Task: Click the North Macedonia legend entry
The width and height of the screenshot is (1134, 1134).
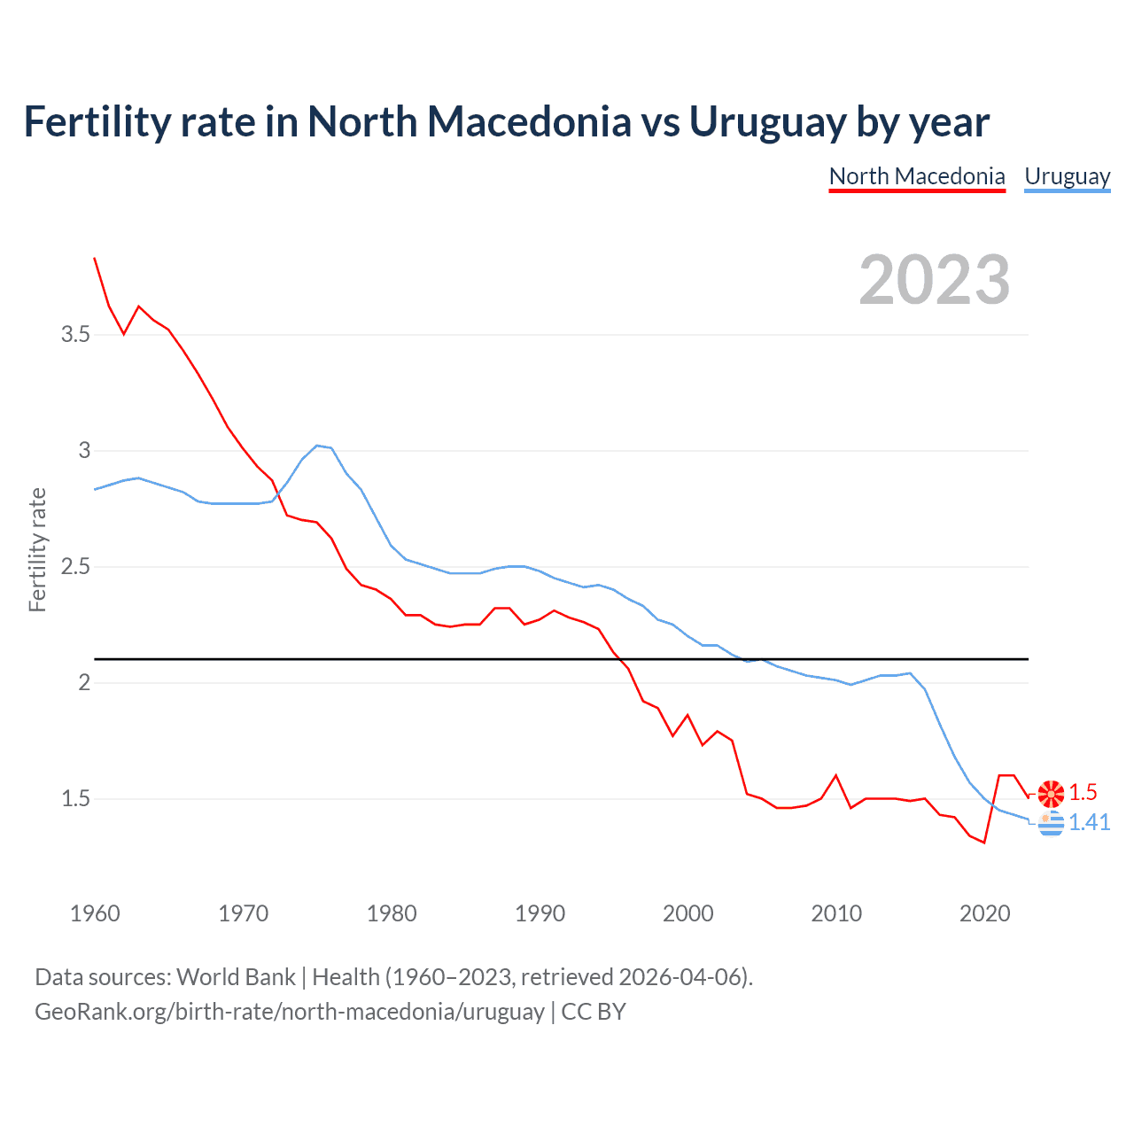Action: (917, 176)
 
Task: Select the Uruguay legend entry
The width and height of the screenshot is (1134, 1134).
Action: (1067, 176)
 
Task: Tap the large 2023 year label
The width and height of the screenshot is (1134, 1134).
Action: (935, 280)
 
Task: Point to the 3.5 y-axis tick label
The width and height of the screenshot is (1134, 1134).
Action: (75, 334)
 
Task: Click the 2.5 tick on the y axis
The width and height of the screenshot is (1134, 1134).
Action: (75, 566)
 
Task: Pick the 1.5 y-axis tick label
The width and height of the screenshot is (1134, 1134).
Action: (75, 798)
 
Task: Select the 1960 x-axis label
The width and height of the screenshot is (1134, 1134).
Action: (95, 913)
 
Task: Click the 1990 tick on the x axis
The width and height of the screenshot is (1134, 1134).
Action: (540, 913)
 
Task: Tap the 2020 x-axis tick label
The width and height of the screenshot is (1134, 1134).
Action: (984, 913)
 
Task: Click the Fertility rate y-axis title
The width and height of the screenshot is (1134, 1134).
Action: (37, 549)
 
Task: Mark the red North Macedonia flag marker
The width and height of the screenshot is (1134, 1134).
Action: (1051, 794)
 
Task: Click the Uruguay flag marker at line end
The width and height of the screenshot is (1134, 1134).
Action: (1051, 823)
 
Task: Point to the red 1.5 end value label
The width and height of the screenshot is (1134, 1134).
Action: (1083, 792)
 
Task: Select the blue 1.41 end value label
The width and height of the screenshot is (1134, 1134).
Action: (1089, 822)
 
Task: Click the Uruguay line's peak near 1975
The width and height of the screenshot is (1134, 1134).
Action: (317, 446)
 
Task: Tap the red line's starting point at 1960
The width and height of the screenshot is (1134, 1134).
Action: (95, 258)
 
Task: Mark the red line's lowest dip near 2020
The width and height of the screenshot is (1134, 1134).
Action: (984, 843)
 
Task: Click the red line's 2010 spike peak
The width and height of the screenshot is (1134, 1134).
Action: (835, 775)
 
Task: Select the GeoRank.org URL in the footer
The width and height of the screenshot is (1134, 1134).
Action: (290, 1011)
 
